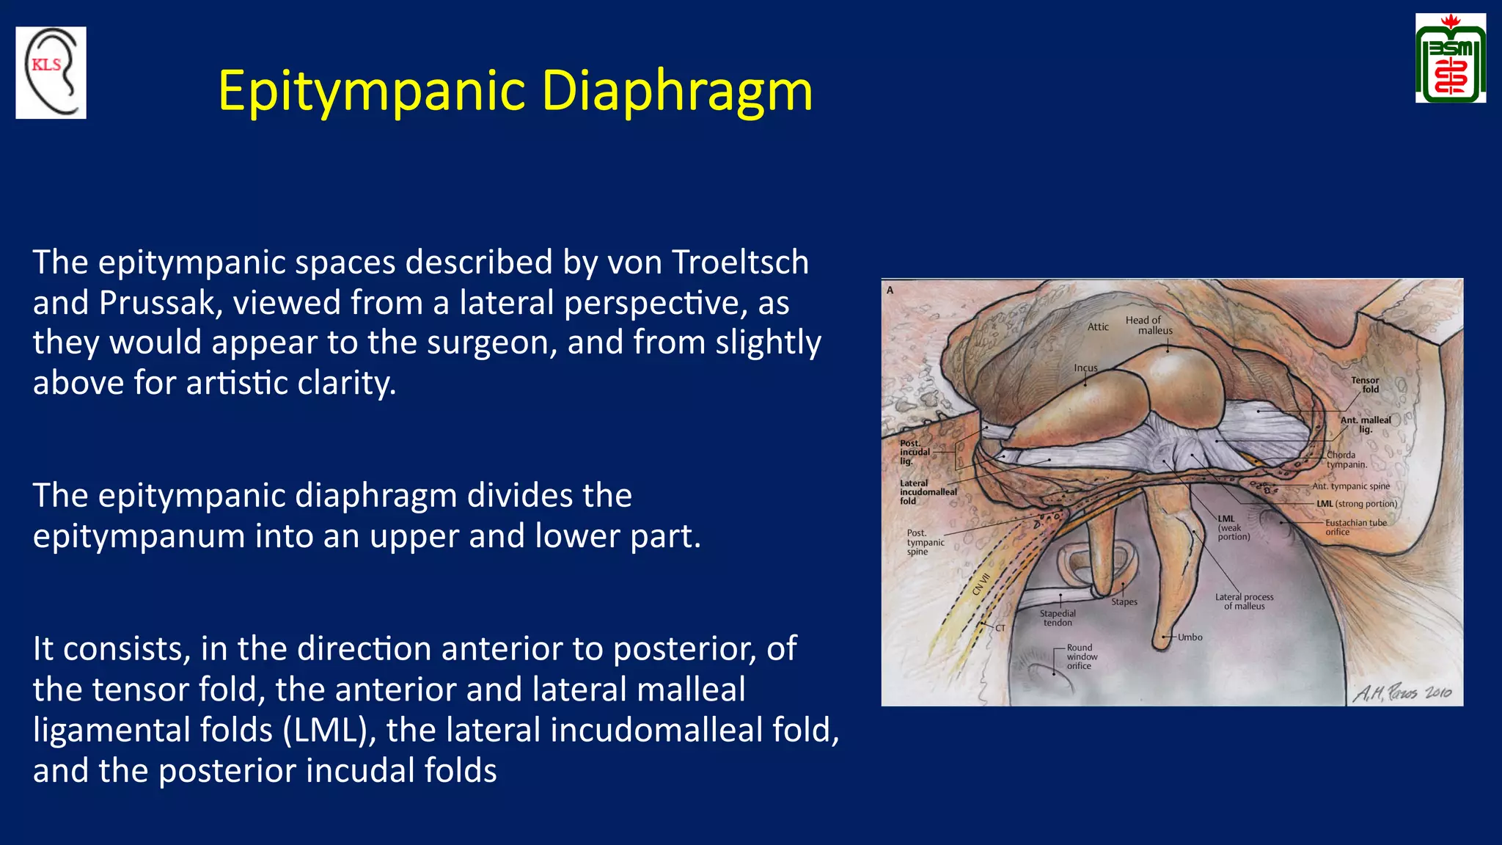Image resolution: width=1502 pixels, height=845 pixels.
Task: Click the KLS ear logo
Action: (x=51, y=73)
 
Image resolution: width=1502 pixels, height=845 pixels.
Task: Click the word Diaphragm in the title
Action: (x=676, y=91)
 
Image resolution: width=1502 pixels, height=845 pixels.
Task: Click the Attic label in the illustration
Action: (x=1097, y=327)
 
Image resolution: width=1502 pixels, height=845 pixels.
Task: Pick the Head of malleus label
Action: (x=1149, y=325)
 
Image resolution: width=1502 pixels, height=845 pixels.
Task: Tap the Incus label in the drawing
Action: (x=1085, y=368)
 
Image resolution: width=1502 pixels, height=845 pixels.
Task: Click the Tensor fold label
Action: (x=1366, y=384)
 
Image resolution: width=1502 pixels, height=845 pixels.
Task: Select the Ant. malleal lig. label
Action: (x=1365, y=425)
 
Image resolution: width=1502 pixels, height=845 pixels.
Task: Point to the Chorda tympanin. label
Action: (x=1346, y=459)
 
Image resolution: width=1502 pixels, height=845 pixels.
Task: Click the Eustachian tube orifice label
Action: (x=1355, y=527)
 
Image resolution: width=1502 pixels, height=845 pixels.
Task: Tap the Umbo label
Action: (x=1190, y=637)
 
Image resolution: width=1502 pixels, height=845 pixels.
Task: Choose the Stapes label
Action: (x=1124, y=601)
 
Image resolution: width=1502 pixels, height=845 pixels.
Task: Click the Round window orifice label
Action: (x=1081, y=656)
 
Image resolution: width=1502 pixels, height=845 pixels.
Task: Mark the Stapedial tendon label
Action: (x=1057, y=618)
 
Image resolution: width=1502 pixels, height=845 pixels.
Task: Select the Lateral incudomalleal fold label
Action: (x=927, y=492)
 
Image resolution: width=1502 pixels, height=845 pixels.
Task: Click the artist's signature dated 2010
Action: (x=1402, y=692)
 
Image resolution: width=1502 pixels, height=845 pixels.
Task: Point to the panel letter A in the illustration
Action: (x=890, y=290)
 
